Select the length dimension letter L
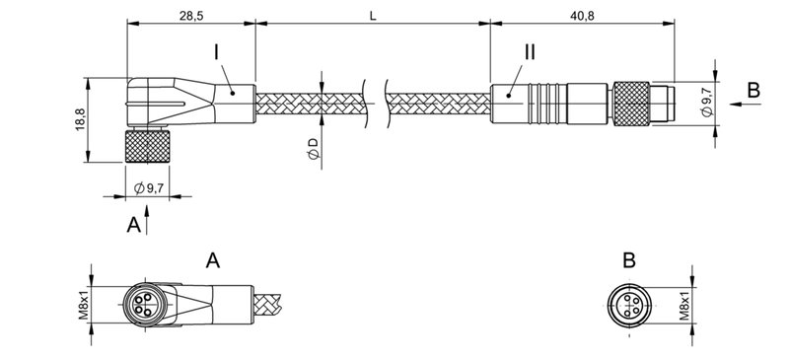(371, 16)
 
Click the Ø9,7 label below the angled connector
(149, 187)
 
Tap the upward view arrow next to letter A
(148, 221)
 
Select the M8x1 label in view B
(684, 301)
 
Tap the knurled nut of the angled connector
(148, 149)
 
